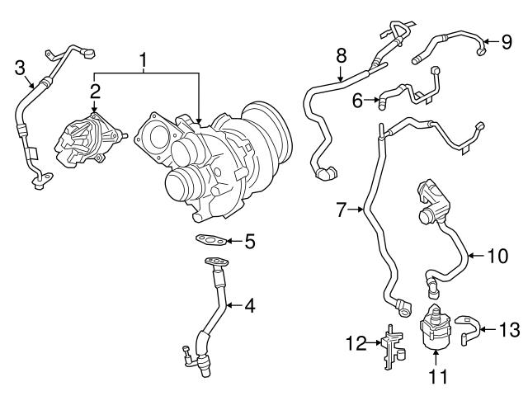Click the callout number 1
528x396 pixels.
pyautogui.click(x=144, y=59)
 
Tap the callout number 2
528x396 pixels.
pyautogui.click(x=95, y=90)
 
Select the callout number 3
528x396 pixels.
pyautogui.click(x=20, y=68)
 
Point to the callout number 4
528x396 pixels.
pyautogui.click(x=249, y=306)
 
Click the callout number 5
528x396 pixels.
pyautogui.click(x=249, y=242)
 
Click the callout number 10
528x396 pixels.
pyautogui.click(x=497, y=256)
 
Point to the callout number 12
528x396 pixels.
pyautogui.click(x=356, y=341)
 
